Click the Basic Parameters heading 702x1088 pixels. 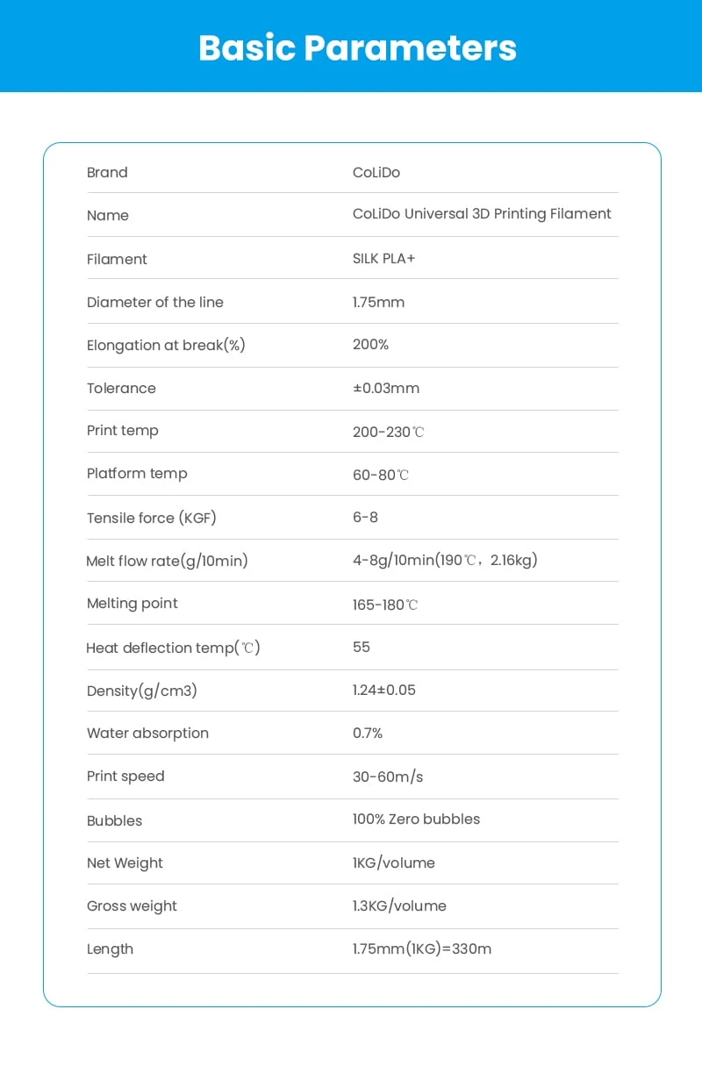click(357, 47)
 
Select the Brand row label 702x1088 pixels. click(107, 173)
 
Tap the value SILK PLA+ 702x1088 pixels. click(383, 259)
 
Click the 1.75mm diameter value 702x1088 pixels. click(378, 302)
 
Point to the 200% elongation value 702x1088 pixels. click(370, 345)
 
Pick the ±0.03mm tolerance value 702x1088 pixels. click(386, 388)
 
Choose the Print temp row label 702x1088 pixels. click(123, 431)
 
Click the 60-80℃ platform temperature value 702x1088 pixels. click(381, 475)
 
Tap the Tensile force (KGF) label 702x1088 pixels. click(151, 518)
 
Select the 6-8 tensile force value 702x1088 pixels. click(365, 518)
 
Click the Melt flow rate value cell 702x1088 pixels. click(445, 560)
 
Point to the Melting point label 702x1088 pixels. click(132, 604)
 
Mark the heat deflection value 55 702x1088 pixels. click(362, 648)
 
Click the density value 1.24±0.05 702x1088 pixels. click(384, 691)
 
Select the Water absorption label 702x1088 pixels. click(147, 734)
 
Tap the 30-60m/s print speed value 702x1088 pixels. click(388, 777)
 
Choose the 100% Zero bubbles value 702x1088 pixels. click(416, 820)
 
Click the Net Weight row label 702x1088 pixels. click(125, 863)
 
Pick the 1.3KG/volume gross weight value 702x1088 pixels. click(399, 906)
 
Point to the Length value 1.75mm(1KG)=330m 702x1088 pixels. click(422, 949)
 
